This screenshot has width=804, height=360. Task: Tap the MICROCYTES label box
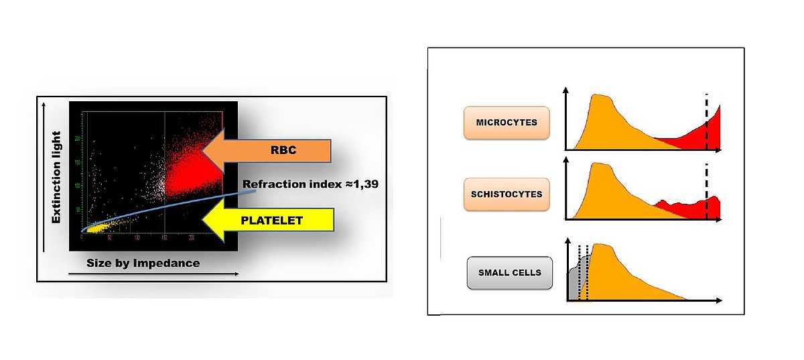pos(507,123)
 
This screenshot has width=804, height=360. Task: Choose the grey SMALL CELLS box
pos(509,273)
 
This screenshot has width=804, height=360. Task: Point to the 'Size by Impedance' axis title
pos(143,263)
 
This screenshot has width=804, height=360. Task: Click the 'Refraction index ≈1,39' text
pos(311,184)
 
